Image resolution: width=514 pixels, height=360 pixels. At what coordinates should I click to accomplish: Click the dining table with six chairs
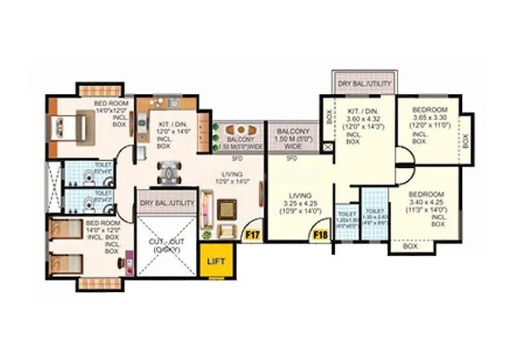pyautogui.click(x=168, y=172)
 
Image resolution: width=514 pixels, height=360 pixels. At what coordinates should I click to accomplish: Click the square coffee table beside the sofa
pyautogui.click(x=226, y=208)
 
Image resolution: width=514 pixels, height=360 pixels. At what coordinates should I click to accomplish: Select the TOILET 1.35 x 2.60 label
pyautogui.click(x=375, y=217)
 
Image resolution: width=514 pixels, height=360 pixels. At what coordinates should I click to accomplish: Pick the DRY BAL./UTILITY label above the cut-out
pyautogui.click(x=166, y=203)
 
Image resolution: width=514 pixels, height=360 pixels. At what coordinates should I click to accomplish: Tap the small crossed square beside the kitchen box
pyautogui.click(x=329, y=147)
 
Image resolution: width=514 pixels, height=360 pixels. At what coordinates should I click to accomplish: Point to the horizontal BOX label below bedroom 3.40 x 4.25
pyautogui.click(x=410, y=246)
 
